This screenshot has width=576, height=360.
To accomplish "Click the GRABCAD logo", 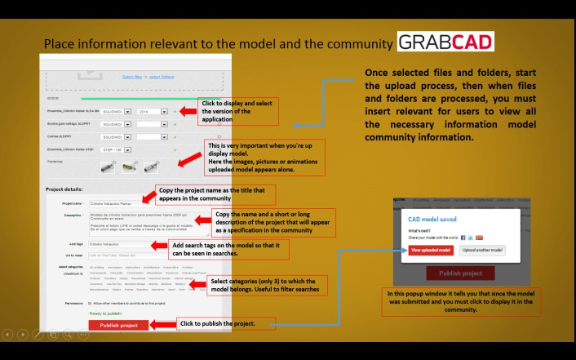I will pyautogui.click(x=445, y=42).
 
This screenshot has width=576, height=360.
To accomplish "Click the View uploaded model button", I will pyautogui.click(x=431, y=251).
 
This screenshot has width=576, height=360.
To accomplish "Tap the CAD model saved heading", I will pyautogui.click(x=432, y=220).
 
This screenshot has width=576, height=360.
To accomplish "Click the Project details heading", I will pyautogui.click(x=65, y=189).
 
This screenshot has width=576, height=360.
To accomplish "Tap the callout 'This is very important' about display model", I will pyautogui.click(x=264, y=157).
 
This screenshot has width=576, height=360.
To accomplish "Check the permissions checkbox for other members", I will pyautogui.click(x=89, y=304).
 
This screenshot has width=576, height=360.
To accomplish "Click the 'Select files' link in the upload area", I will pyautogui.click(x=131, y=77).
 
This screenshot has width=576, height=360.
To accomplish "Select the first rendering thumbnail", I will pyautogui.click(x=107, y=167).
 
